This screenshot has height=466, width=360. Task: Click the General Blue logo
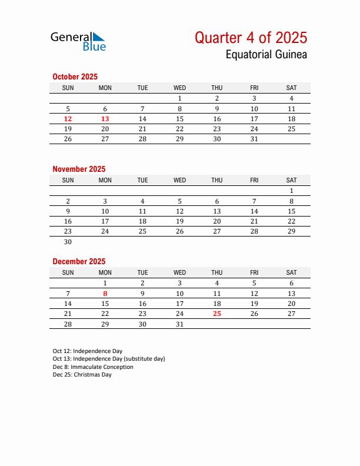tap(78, 41)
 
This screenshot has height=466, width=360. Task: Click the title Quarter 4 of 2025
tap(251, 38)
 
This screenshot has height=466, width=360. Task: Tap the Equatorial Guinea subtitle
tap(266, 55)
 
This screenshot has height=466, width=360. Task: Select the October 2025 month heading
tap(75, 76)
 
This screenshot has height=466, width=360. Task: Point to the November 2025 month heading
tap(79, 169)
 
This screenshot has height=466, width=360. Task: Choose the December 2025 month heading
tap(79, 261)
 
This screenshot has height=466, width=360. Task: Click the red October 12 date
tap(68, 119)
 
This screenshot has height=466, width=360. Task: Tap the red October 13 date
tap(105, 119)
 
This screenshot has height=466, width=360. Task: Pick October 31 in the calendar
tap(254, 139)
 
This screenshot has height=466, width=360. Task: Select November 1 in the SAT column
tap(291, 191)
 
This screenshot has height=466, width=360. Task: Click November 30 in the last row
tap(68, 242)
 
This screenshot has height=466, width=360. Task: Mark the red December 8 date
tap(105, 293)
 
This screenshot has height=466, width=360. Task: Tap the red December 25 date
tap(217, 314)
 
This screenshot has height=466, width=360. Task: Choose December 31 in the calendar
tap(180, 324)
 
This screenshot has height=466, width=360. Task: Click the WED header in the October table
tap(180, 88)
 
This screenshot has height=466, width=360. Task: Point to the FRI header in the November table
tap(254, 180)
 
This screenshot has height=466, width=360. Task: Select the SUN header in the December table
tap(68, 272)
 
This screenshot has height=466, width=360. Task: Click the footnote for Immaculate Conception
tap(93, 367)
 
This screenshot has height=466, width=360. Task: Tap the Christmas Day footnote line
tap(82, 375)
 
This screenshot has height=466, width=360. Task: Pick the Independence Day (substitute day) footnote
tap(109, 359)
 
